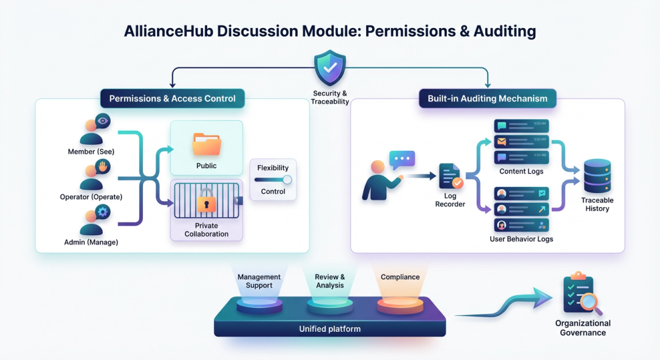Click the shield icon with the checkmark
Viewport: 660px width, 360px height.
[x=330, y=68]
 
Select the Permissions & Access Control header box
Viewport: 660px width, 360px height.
[x=172, y=98]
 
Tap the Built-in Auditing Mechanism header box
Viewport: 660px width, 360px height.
[x=487, y=98]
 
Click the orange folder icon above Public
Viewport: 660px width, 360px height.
[x=206, y=145]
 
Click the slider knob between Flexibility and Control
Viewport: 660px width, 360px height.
[x=287, y=180]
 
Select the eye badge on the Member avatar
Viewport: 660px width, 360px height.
[x=102, y=121]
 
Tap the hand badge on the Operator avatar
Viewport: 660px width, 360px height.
[x=102, y=166]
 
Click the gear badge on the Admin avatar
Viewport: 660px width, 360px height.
[x=102, y=212]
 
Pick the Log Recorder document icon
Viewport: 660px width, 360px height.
[x=450, y=177]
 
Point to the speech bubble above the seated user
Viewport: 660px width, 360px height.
[x=402, y=160]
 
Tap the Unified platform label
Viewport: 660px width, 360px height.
[x=329, y=329]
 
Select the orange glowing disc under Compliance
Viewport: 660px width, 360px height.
[x=400, y=304]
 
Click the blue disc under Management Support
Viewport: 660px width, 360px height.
[x=259, y=304]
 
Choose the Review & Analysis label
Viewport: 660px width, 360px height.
[x=330, y=281]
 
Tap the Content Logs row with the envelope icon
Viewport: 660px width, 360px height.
[x=521, y=142]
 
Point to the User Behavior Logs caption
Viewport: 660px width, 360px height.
[x=521, y=239]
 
